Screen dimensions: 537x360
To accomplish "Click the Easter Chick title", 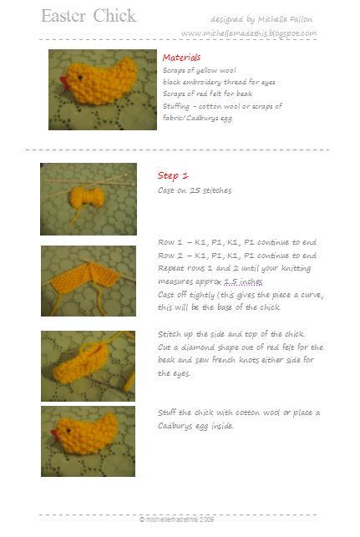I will click(88, 17).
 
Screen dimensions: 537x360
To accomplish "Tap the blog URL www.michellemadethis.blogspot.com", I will click(248, 33).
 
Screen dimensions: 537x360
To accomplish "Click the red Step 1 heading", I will click(173, 175).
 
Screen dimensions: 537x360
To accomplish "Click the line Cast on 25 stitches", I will click(195, 190).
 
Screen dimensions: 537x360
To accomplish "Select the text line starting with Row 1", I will click(237, 242).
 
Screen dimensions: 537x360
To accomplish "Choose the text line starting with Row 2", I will click(237, 256).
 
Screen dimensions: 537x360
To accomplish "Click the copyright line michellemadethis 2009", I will click(180, 519).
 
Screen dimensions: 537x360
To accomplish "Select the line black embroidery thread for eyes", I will click(219, 82).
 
